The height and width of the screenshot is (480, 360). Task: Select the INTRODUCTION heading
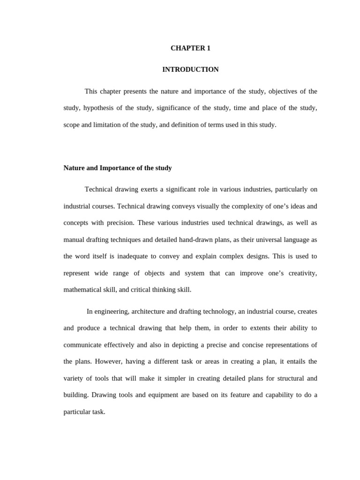[x=190, y=69]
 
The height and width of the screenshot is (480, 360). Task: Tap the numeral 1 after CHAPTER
[x=209, y=48]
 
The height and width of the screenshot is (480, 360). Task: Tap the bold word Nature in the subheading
[x=74, y=168]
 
